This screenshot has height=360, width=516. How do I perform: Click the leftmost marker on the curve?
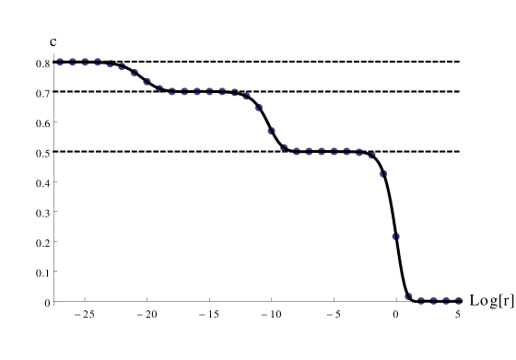pyautogui.click(x=60, y=62)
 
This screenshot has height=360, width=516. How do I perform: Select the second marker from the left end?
pyautogui.click(x=73, y=62)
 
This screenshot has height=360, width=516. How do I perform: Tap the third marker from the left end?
pyautogui.click(x=85, y=62)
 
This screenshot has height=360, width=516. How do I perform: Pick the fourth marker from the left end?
pyautogui.click(x=98, y=62)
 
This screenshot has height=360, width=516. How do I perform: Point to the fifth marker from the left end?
pyautogui.click(x=110, y=64)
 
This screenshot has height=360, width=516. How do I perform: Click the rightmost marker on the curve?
pyautogui.click(x=459, y=299)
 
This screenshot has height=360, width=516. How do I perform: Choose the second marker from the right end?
pyautogui.click(x=446, y=299)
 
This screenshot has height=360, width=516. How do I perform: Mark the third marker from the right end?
pyautogui.click(x=434, y=299)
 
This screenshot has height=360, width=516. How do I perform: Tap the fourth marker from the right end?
pyautogui.click(x=421, y=299)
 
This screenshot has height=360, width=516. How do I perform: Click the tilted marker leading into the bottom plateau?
pyautogui.click(x=408, y=296)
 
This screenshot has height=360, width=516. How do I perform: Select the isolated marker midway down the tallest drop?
pyautogui.click(x=395, y=236)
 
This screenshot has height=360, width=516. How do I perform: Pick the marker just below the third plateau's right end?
pyautogui.click(x=383, y=173)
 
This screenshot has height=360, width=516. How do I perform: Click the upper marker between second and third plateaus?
pyautogui.click(x=259, y=108)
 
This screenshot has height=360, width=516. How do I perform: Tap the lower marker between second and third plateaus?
pyautogui.click(x=271, y=131)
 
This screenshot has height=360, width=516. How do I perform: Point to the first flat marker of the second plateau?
pyautogui.click(x=171, y=91)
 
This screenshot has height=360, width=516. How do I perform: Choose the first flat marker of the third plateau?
pyautogui.click(x=297, y=151)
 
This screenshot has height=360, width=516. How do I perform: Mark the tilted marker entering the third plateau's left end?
pyautogui.click(x=284, y=146)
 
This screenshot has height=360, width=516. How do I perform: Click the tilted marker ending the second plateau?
pyautogui.click(x=246, y=96)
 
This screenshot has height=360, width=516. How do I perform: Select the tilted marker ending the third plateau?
pyautogui.click(x=371, y=156)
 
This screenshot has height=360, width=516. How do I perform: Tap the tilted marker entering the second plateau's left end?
pyautogui.click(x=159, y=88)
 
